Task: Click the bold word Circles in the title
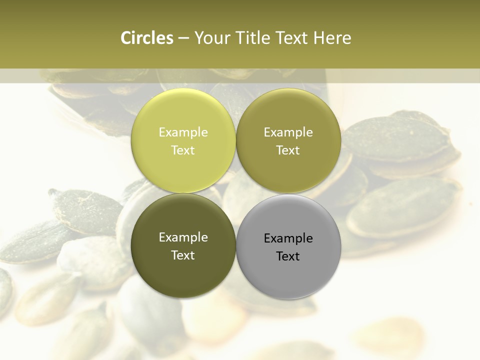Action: pos(147,38)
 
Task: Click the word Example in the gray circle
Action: pos(288,238)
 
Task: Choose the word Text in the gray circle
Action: pos(288,256)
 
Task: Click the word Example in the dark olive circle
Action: pos(183,237)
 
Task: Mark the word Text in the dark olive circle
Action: pos(183,255)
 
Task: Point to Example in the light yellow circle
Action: pos(183,132)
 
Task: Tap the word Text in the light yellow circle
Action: pos(183,150)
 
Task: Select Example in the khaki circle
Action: pos(288,132)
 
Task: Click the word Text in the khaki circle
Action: pos(288,150)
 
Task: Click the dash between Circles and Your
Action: pos(183,38)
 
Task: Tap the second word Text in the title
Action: pos(292,38)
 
